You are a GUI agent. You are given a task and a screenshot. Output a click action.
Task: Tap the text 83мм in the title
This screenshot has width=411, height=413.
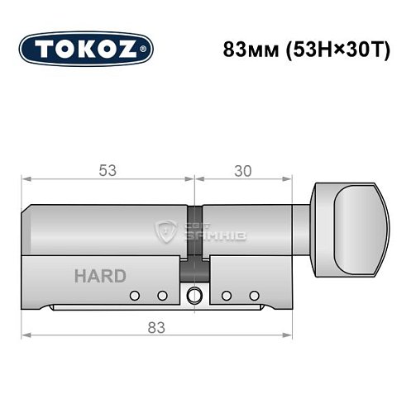coord(246,48)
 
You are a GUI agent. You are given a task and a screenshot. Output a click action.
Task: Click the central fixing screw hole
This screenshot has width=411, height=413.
coord(194,296)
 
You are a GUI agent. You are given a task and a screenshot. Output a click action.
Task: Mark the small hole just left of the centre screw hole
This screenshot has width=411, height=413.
coord(163,296)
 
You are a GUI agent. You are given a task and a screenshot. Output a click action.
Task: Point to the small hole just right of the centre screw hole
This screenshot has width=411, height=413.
coord(226,296)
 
